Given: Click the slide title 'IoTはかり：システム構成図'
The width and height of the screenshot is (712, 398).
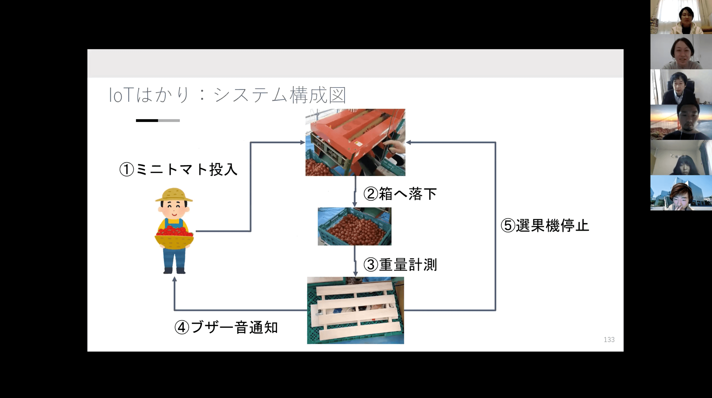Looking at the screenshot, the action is point(227,95).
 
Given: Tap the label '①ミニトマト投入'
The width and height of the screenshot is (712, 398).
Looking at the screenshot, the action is point(178,169).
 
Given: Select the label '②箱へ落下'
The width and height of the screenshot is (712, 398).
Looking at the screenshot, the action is point(400,194).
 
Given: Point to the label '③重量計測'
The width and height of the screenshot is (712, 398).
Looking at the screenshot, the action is point(400,265).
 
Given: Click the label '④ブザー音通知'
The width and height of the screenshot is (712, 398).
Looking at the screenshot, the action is point(226,327).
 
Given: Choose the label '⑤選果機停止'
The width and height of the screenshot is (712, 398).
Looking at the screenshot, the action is point(545,225).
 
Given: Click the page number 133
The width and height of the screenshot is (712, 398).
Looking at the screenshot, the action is point(609,340).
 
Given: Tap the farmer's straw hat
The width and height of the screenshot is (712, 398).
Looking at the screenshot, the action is point(174,195).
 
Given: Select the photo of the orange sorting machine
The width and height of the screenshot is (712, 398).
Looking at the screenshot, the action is point(355,142).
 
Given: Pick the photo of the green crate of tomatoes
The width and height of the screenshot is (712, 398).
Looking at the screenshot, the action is point(354,226).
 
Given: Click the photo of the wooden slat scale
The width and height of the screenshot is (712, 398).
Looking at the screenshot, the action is point(356,310).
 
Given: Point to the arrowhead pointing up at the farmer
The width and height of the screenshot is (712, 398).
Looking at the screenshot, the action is point(175,279).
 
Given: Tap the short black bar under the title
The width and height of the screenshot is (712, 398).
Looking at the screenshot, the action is point(147,120).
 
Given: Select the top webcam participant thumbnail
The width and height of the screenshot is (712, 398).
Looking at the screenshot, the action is point(681,17).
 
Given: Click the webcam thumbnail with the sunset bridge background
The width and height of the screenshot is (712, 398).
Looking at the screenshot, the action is point(681,122).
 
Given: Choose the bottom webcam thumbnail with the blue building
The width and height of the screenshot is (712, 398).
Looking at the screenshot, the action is point(681,193).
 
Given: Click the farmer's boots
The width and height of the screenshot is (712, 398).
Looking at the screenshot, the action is point(174,270).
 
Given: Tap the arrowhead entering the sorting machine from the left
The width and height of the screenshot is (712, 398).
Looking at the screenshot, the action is point(302,142).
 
